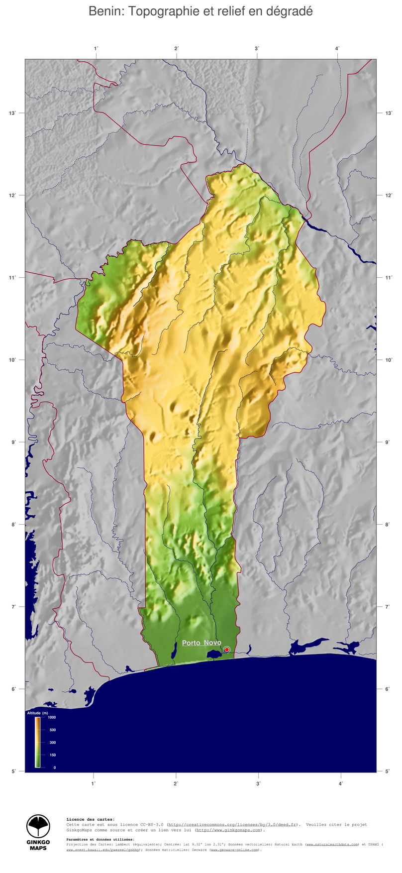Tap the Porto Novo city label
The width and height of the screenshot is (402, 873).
point(201,643)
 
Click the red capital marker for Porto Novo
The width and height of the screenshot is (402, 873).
point(227,650)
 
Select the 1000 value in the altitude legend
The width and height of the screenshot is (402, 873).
point(52,717)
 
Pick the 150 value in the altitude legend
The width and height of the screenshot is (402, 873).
point(53,755)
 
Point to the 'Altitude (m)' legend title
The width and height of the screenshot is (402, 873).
point(37,713)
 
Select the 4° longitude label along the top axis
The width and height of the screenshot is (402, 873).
point(337,48)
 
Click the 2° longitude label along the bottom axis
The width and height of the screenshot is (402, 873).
point(176,783)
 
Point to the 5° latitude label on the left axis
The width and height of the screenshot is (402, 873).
point(13,771)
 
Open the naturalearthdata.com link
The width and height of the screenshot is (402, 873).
point(332,845)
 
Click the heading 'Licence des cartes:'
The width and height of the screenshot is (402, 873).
point(90,819)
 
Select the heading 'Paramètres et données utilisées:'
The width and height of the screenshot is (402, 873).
point(100,840)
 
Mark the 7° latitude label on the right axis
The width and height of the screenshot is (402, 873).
point(388,607)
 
